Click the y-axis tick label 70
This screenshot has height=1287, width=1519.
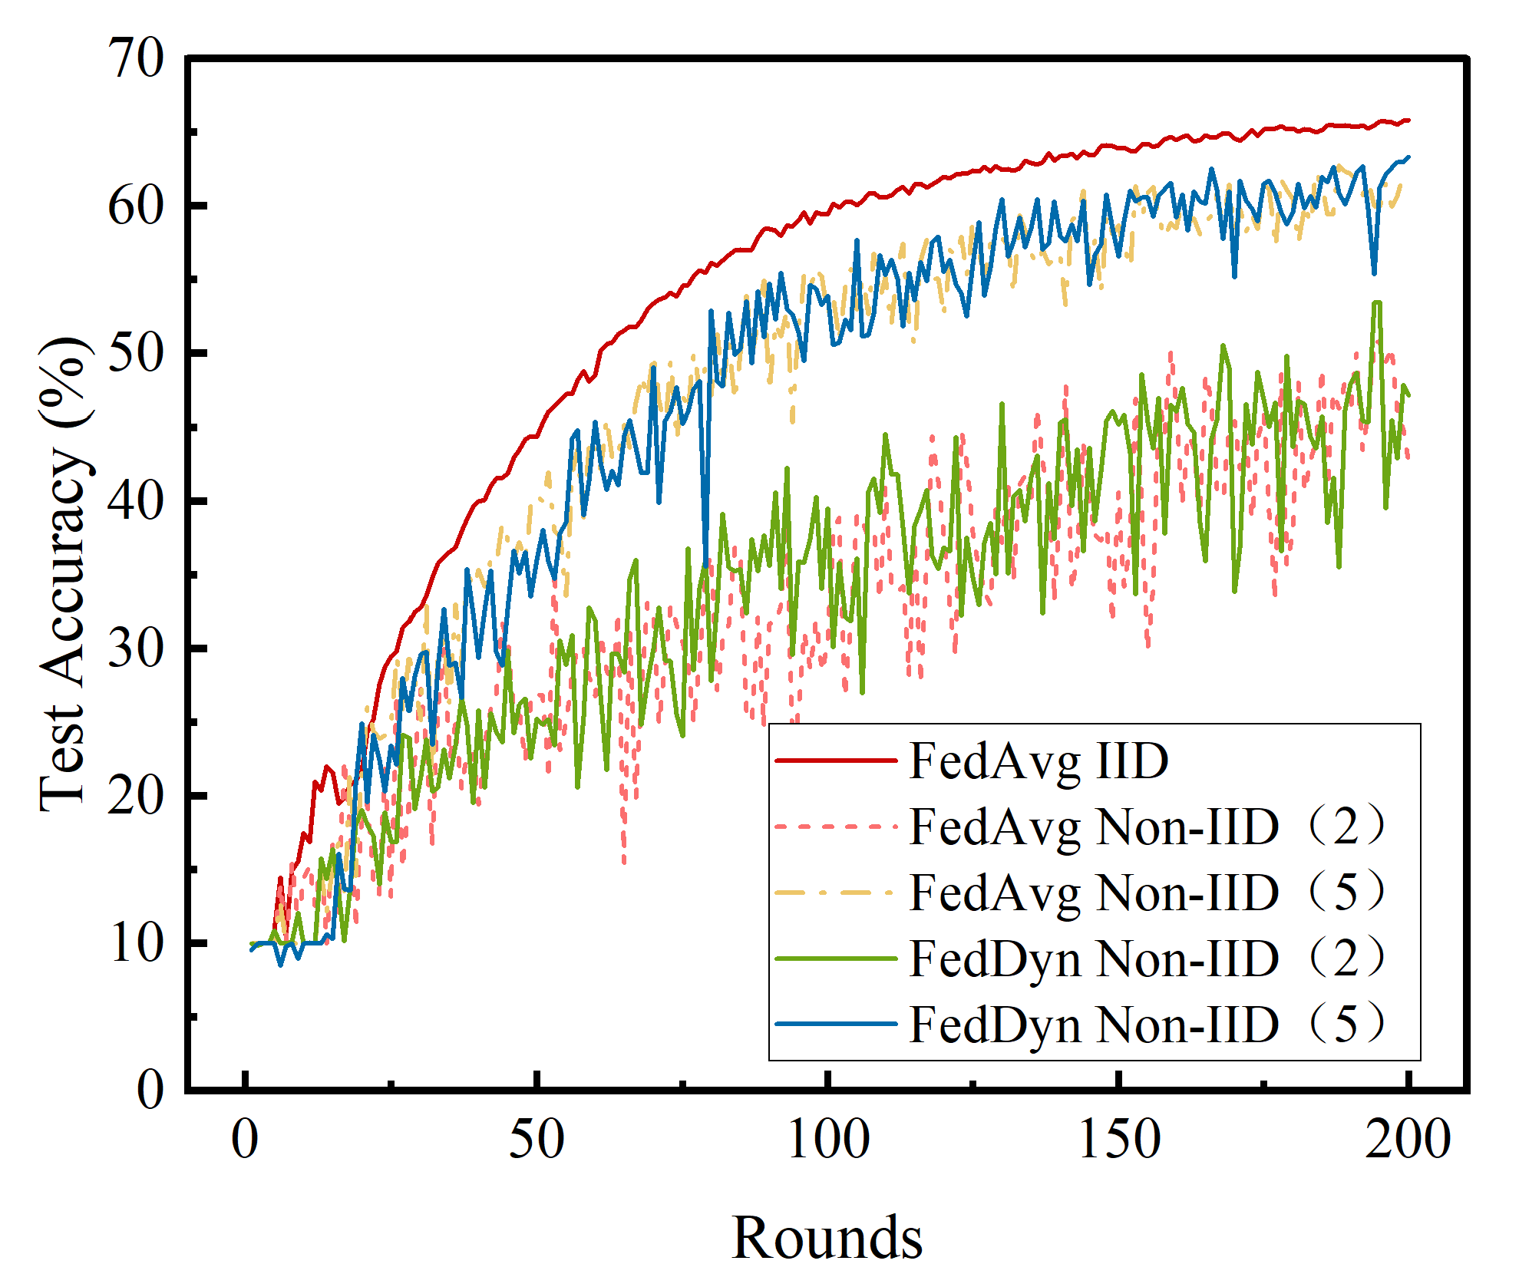pyautogui.click(x=136, y=59)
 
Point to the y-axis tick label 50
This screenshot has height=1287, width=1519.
pyautogui.click(x=136, y=354)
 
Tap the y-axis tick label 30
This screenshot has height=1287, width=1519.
pyautogui.click(x=136, y=648)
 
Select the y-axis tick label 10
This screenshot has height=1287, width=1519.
pyautogui.click(x=136, y=943)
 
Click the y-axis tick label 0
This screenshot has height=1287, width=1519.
pyautogui.click(x=150, y=1090)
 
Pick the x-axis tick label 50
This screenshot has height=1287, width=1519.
pyautogui.click(x=537, y=1140)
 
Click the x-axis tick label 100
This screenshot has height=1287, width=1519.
pyautogui.click(x=828, y=1140)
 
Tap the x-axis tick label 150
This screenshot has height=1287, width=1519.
pyautogui.click(x=1119, y=1140)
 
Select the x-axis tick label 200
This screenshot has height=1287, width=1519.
pyautogui.click(x=1408, y=1140)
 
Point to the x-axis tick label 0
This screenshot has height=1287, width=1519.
pyautogui.click(x=245, y=1140)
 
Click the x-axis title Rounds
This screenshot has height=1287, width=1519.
pyautogui.click(x=827, y=1238)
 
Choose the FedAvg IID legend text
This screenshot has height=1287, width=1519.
pyautogui.click(x=1038, y=761)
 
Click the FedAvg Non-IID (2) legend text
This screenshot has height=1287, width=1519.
pyautogui.click(x=1148, y=827)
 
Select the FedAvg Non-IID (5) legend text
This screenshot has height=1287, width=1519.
pyautogui.click(x=1148, y=893)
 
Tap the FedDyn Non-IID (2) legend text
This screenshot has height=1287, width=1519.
pyautogui.click(x=1148, y=959)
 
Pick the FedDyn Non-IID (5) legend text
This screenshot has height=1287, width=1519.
pyautogui.click(x=1148, y=1025)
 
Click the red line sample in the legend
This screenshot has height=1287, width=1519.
pyautogui.click(x=836, y=761)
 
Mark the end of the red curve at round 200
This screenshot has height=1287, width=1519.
pyautogui.click(x=1408, y=120)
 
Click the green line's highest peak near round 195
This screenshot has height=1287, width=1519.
pyautogui.click(x=1376, y=302)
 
